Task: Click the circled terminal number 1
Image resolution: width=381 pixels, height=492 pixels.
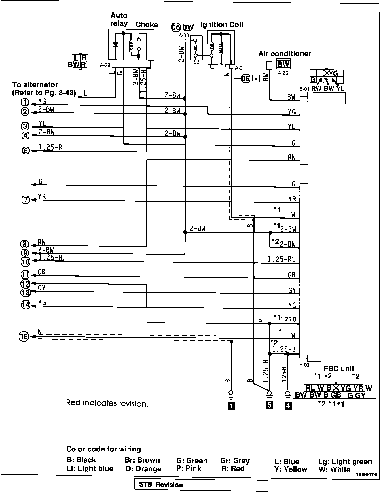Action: [x=25, y=102]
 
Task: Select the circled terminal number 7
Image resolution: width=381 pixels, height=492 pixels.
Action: [x=26, y=200]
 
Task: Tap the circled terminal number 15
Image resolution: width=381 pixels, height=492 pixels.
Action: [x=24, y=336]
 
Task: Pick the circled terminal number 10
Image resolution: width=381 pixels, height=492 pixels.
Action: [x=26, y=262]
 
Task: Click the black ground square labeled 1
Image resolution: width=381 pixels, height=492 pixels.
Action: [x=231, y=406]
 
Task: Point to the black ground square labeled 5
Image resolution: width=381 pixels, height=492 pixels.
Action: [x=269, y=405]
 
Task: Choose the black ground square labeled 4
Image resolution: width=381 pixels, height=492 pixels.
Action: [x=288, y=406]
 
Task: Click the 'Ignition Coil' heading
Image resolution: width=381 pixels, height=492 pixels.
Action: [x=221, y=25]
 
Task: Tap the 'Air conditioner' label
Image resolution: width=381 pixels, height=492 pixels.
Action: [x=284, y=54]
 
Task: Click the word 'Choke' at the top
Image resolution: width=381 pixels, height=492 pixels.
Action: [x=147, y=25]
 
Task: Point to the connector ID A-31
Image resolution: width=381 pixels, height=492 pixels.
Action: [x=240, y=68]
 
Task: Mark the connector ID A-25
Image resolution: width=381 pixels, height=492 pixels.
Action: [x=283, y=73]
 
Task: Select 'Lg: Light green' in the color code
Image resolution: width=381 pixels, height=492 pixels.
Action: [x=345, y=462]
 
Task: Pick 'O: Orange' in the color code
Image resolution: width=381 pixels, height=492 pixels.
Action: [x=143, y=469]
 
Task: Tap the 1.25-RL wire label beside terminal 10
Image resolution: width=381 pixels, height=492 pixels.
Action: [x=52, y=258]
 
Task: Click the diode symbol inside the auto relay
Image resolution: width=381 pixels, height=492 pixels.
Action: [x=115, y=44]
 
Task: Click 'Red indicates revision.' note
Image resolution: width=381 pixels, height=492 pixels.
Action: [x=107, y=403]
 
